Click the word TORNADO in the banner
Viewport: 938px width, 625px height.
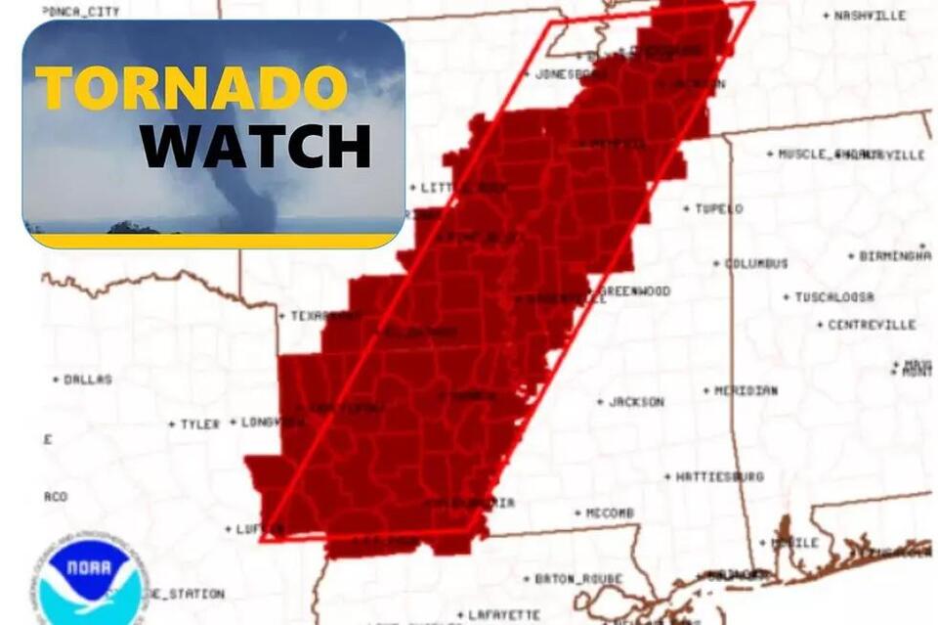pos(192,88)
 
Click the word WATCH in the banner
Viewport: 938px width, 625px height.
pos(255,147)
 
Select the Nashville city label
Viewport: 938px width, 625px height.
pos(870,16)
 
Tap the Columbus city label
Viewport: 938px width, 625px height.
pos(755,263)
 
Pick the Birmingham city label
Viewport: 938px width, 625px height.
pos(894,256)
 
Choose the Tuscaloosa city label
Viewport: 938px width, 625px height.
pos(833,297)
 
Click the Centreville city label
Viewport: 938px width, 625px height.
pos(872,325)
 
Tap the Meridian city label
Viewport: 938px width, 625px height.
pos(746,390)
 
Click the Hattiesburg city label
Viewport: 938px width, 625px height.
pos(719,477)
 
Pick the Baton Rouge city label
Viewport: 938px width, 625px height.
pos(578,579)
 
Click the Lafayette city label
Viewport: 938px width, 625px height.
pos(504,615)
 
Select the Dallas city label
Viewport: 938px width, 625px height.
pos(88,379)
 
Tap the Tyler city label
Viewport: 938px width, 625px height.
pos(199,424)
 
